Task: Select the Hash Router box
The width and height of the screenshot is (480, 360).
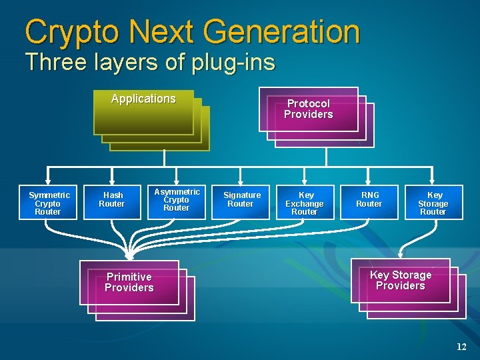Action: (111, 201)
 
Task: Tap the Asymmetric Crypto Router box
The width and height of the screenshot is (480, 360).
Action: (176, 201)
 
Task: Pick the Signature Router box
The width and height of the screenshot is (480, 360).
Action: (241, 201)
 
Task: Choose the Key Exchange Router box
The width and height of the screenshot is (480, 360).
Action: (305, 203)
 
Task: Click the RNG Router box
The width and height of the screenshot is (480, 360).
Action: (369, 201)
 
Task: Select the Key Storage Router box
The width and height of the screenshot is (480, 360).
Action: (433, 203)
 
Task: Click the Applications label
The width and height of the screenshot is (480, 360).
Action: (143, 99)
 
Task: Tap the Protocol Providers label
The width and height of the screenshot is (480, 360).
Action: (308, 109)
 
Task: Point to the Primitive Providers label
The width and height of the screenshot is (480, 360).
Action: (129, 283)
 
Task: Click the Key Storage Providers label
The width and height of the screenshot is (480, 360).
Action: (401, 281)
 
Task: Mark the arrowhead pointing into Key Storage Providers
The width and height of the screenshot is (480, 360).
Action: (400, 255)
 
